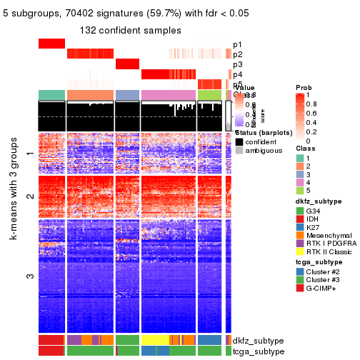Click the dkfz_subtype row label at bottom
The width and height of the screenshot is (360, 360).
(257, 341)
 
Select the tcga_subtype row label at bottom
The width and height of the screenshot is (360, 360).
(257, 351)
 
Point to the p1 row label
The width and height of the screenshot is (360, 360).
(237, 44)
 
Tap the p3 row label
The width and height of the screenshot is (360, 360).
(237, 64)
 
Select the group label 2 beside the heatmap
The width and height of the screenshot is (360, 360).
(29, 196)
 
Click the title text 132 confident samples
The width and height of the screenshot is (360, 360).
(130, 30)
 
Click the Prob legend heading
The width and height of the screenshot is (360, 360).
(304, 87)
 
